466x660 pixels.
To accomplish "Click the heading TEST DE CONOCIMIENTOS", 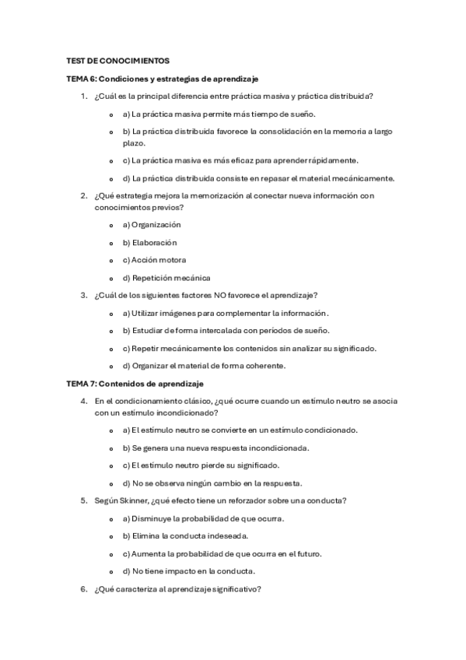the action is (x=117, y=61).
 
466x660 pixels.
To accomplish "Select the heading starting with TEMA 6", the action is (x=163, y=79).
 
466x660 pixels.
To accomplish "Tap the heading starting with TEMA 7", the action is (x=135, y=384).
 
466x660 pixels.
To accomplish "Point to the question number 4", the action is (x=83, y=401).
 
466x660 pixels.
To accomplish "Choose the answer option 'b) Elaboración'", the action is (x=150, y=242).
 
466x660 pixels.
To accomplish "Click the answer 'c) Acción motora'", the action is (x=154, y=259).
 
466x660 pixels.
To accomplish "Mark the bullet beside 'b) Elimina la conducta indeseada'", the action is (x=114, y=536).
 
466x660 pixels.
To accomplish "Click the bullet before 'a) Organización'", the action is (x=114, y=225).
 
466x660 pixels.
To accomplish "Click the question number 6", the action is (x=83, y=589).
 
